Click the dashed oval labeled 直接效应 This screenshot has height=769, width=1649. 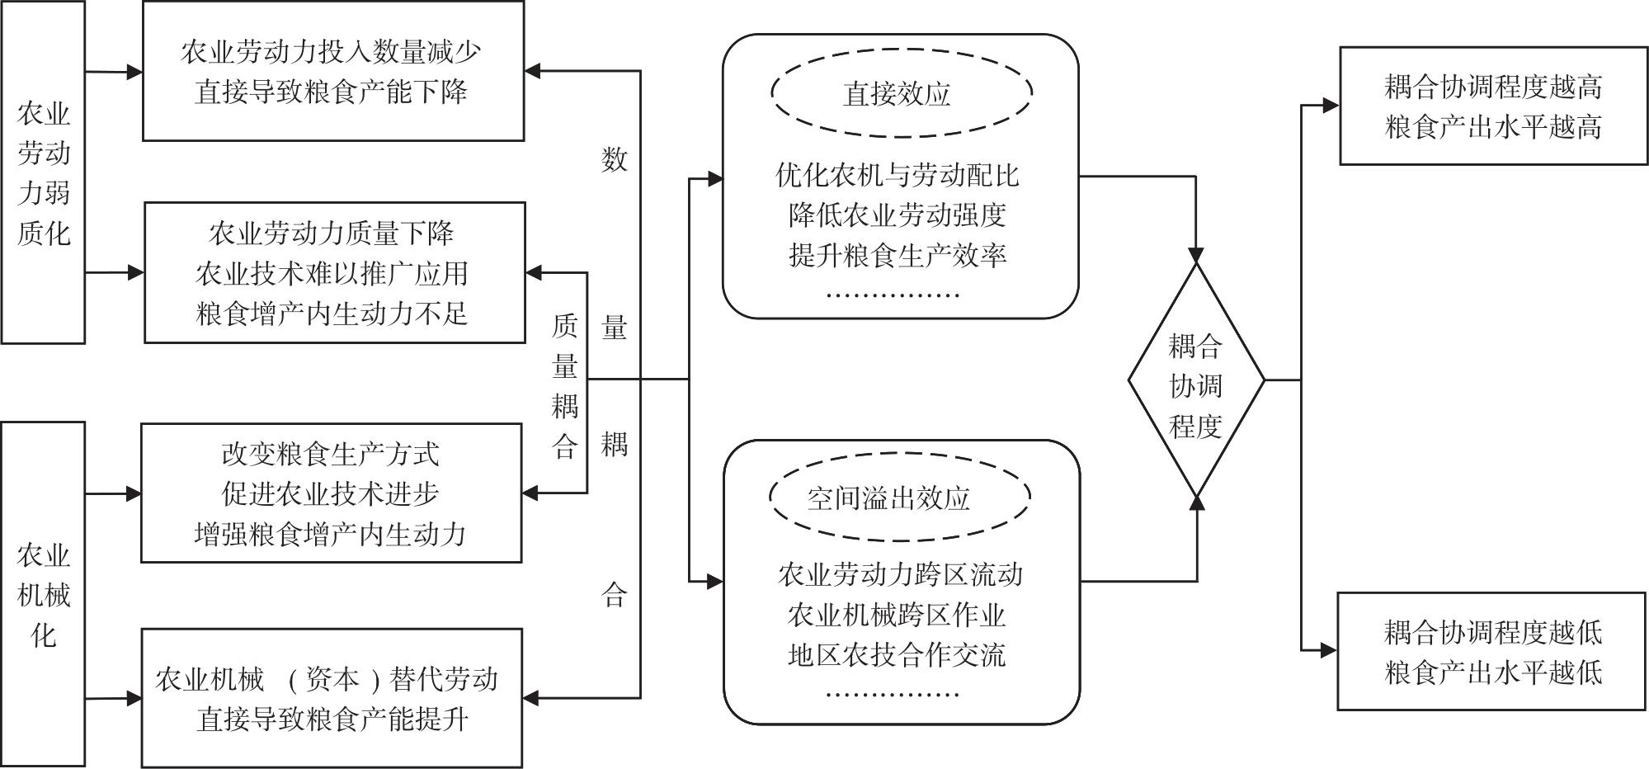(x=901, y=92)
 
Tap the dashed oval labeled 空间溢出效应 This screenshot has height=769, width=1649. (x=899, y=498)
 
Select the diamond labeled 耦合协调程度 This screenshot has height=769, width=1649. (x=1195, y=381)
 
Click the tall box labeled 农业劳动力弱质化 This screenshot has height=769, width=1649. (x=43, y=172)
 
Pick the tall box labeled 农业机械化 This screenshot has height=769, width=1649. (x=43, y=594)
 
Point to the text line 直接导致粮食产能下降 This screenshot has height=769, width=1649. (x=332, y=91)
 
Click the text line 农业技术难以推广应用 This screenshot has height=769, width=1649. (x=332, y=273)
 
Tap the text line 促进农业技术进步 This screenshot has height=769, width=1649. (x=330, y=493)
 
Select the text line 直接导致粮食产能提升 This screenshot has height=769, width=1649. (x=332, y=719)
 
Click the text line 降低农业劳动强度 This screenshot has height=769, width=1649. (x=898, y=215)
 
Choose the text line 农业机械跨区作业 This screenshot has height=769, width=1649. (x=898, y=615)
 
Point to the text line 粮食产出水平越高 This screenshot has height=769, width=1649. (x=1493, y=127)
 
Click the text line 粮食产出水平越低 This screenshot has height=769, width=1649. (x=1493, y=672)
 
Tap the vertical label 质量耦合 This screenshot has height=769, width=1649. (x=565, y=386)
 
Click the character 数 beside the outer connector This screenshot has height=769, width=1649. (x=615, y=159)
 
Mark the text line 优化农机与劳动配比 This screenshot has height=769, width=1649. (x=898, y=175)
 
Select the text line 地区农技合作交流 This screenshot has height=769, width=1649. (x=898, y=655)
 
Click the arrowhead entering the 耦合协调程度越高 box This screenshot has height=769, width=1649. (x=1331, y=106)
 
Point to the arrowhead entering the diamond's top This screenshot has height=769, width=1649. (x=1195, y=255)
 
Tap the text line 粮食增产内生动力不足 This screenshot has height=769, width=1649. (x=332, y=314)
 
